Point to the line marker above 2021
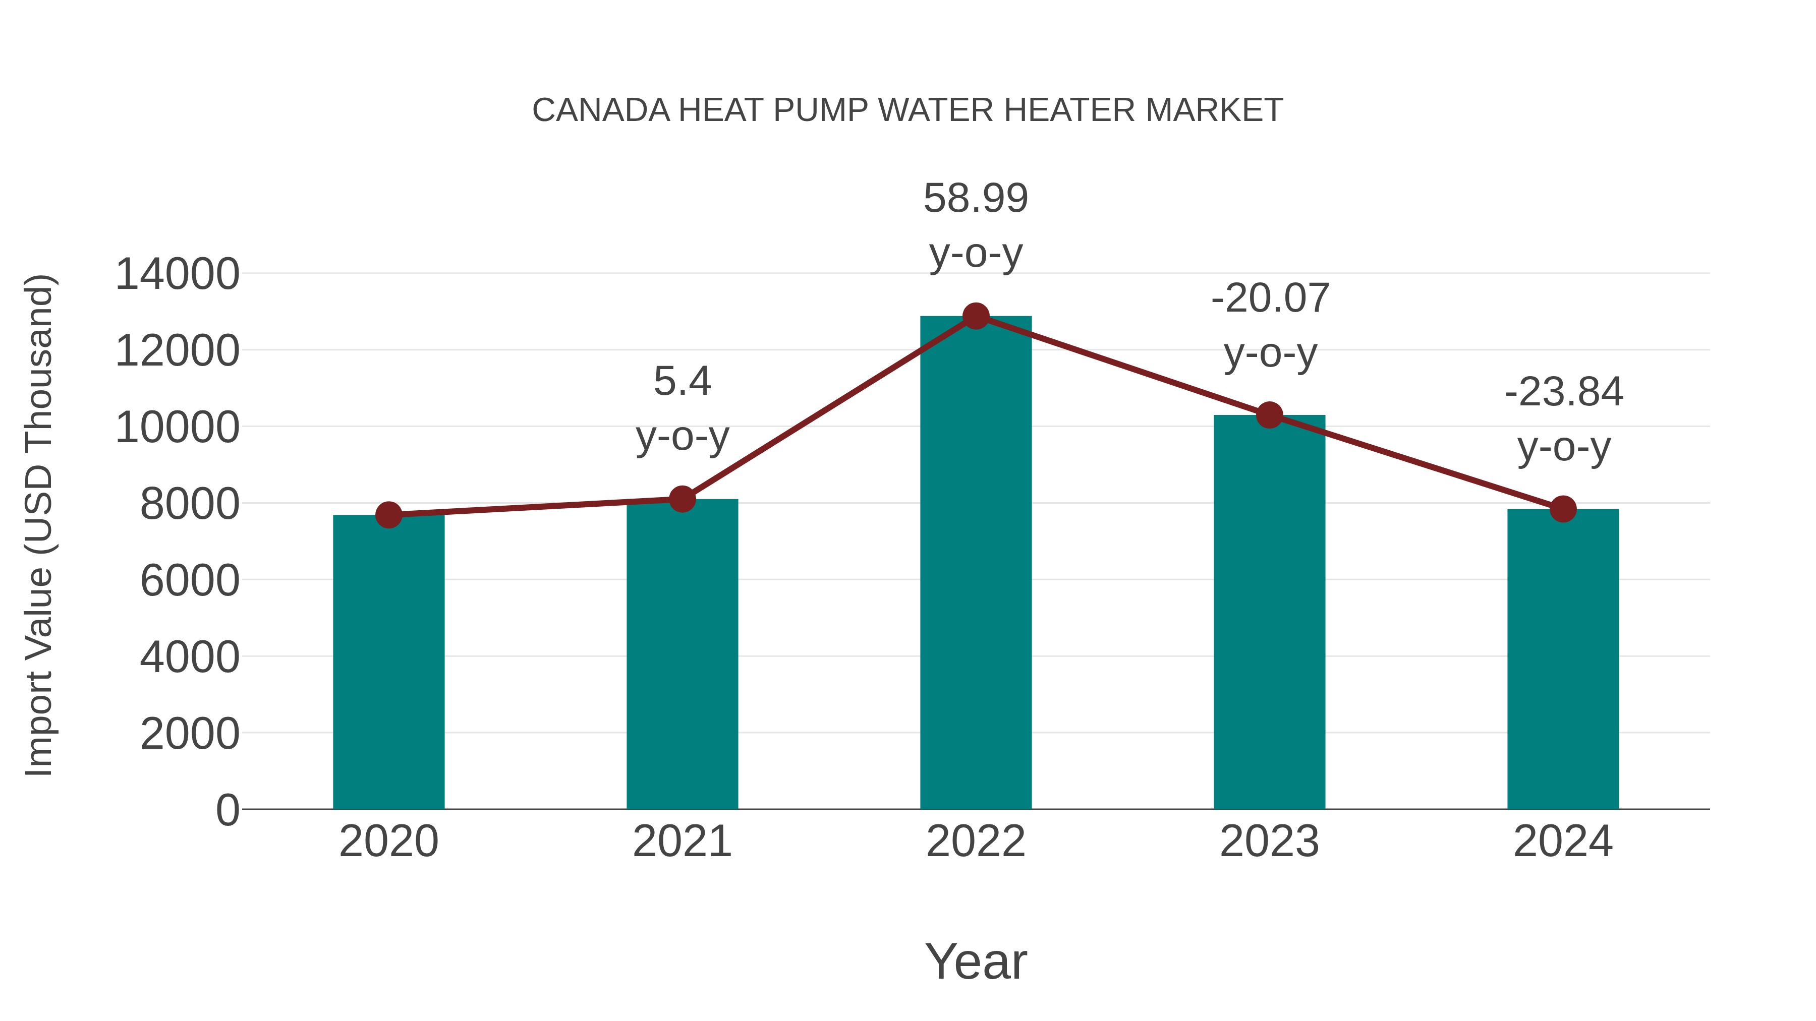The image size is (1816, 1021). coord(682,499)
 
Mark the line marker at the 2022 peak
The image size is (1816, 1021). coord(976,316)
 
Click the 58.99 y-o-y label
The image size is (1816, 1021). coord(976,199)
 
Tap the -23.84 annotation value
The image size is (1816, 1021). coord(1564,392)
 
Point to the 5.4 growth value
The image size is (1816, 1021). coord(682,381)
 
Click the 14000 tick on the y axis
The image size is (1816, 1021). coord(177,274)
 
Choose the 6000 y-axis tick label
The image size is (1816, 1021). coord(190,581)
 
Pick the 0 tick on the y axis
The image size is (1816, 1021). coord(227,810)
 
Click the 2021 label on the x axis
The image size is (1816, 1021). coord(682,842)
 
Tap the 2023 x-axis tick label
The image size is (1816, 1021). coord(1269,842)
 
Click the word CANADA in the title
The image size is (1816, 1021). coord(601,110)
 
